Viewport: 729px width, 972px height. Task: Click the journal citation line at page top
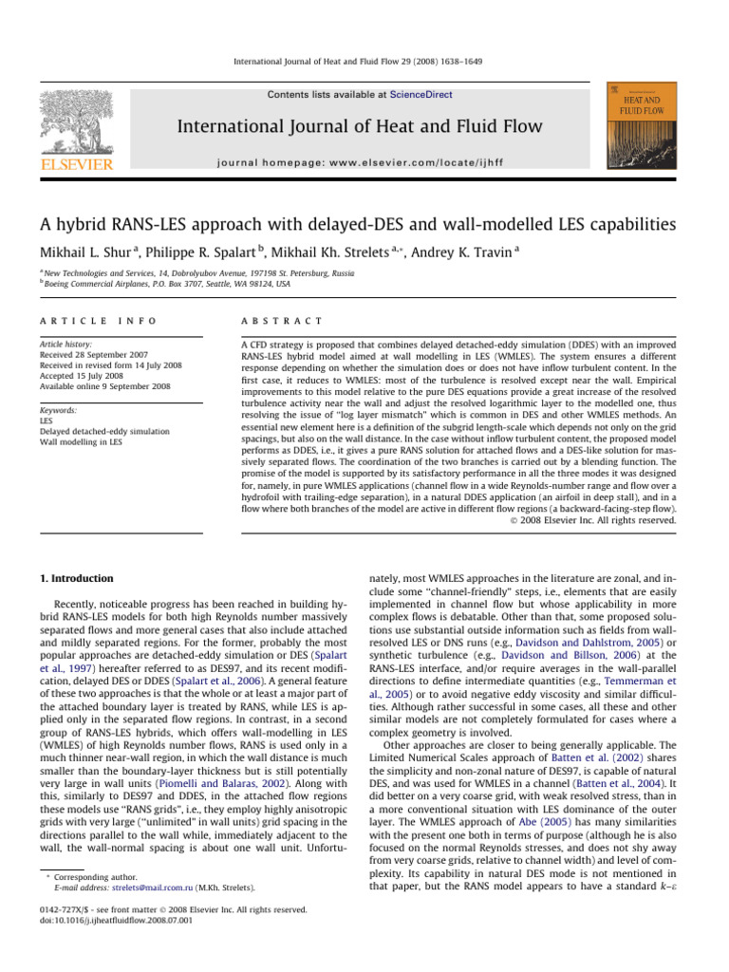coord(364,61)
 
